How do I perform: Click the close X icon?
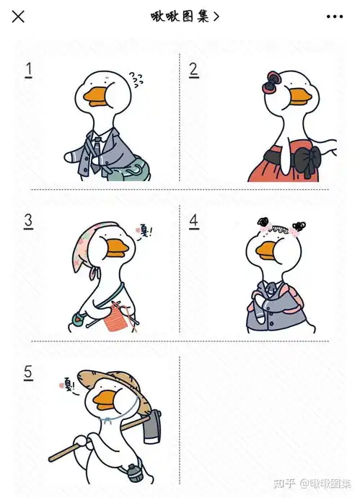[x=18, y=17]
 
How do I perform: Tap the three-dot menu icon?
[x=335, y=17]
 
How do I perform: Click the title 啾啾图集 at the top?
[x=180, y=17]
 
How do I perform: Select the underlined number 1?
[x=29, y=70]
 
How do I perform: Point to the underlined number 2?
[x=193, y=70]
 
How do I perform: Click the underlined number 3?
[x=28, y=221]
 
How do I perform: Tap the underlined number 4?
[x=193, y=221]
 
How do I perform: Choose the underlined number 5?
[x=28, y=372]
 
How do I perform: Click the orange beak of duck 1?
[x=95, y=96]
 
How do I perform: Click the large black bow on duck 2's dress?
[x=307, y=161]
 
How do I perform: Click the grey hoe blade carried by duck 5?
[x=152, y=427]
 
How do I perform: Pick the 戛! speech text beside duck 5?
[x=68, y=385]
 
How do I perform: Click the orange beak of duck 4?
[x=267, y=250]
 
